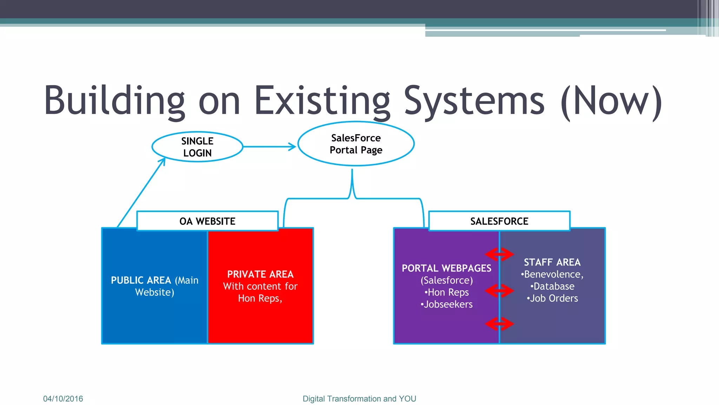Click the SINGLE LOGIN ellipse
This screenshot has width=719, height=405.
(x=197, y=147)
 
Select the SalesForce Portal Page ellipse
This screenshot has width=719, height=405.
(x=356, y=144)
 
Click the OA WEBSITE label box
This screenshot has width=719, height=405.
(x=207, y=221)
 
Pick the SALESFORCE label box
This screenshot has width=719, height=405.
(x=499, y=221)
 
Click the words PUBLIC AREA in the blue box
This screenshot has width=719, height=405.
(x=141, y=280)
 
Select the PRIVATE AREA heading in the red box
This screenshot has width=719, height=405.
(x=260, y=274)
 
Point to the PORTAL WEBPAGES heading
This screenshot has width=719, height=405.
(x=446, y=268)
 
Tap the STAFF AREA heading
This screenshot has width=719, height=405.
(x=552, y=262)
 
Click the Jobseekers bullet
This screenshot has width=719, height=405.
(x=447, y=304)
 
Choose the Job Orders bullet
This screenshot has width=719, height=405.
(x=552, y=298)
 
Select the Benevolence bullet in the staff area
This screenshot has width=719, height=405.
(x=552, y=274)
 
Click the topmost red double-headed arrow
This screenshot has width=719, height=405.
(x=499, y=254)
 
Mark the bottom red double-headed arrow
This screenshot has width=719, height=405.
(x=499, y=324)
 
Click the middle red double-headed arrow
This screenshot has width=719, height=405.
(x=499, y=291)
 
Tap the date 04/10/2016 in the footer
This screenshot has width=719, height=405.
(x=63, y=399)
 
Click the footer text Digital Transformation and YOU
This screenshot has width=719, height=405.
(x=359, y=399)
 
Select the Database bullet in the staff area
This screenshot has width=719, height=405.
(x=552, y=286)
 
